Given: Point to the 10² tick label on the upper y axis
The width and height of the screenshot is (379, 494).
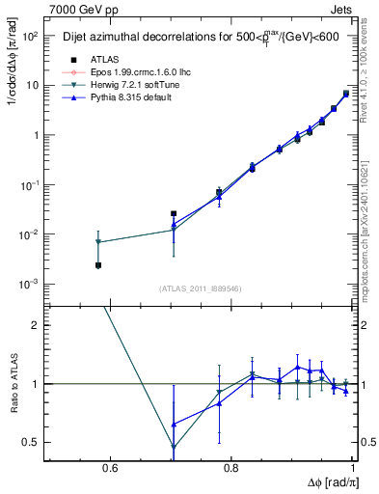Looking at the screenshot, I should [31, 36].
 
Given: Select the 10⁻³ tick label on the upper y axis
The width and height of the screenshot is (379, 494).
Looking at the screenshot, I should [30, 284].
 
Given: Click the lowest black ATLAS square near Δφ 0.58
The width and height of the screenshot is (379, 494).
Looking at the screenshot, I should [97, 265].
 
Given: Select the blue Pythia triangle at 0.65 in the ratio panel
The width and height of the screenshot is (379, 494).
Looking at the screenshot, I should [174, 424].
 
